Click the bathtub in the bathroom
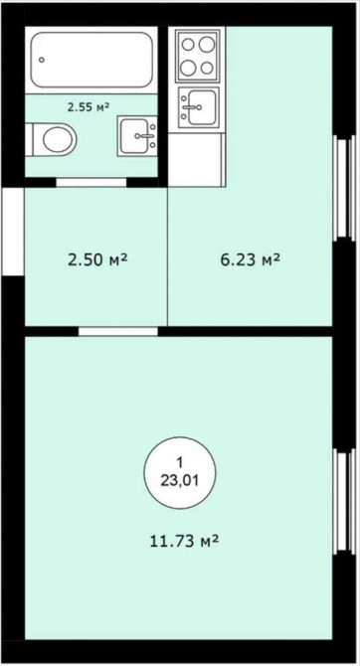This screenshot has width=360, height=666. click(x=91, y=60)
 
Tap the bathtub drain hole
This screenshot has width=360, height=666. click(x=42, y=60)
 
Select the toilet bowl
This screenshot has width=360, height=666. click(x=51, y=139)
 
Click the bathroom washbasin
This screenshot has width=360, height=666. click(x=137, y=135)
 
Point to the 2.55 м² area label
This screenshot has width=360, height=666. click(x=89, y=107)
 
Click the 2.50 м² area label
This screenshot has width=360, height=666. click(x=97, y=258)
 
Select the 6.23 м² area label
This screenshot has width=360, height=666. click(x=250, y=258)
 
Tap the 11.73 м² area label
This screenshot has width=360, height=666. click(x=184, y=541)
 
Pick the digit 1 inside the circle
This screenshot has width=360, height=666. click(x=180, y=462)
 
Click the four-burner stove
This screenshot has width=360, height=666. click(x=197, y=55)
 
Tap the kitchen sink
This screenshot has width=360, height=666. click(x=199, y=107)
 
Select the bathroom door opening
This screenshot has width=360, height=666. click(x=91, y=183)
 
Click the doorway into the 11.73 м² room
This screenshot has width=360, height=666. click(x=118, y=331)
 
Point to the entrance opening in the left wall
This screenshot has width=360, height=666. click(x=13, y=232)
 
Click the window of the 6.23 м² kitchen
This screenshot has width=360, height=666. click(x=343, y=187)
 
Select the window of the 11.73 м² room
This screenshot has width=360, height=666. click(x=343, y=501)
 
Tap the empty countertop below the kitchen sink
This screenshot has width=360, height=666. click(x=196, y=159)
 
